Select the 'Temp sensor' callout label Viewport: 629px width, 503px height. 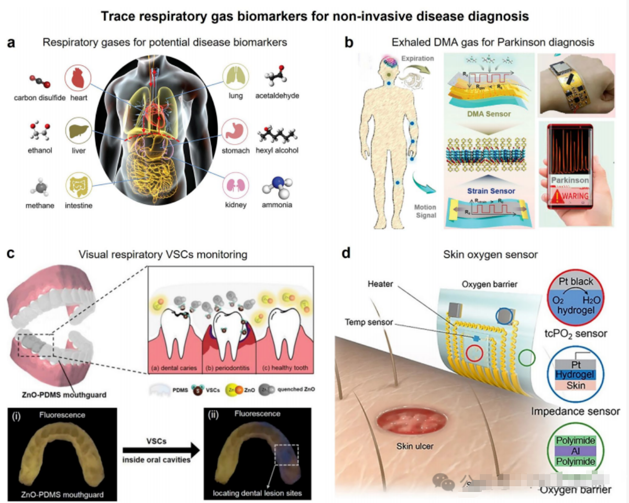coord(370,322)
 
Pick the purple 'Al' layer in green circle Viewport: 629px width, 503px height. coord(575,451)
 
